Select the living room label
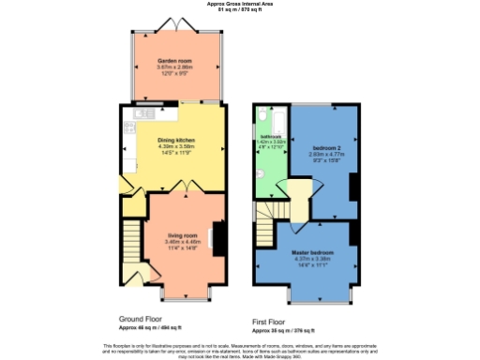[x=181, y=234]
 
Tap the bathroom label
[x=271, y=137]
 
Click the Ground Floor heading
[x=141, y=319]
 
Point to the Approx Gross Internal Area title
[x=239, y=4]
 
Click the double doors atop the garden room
[x=175, y=22]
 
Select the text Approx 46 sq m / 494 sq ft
[x=156, y=327]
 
